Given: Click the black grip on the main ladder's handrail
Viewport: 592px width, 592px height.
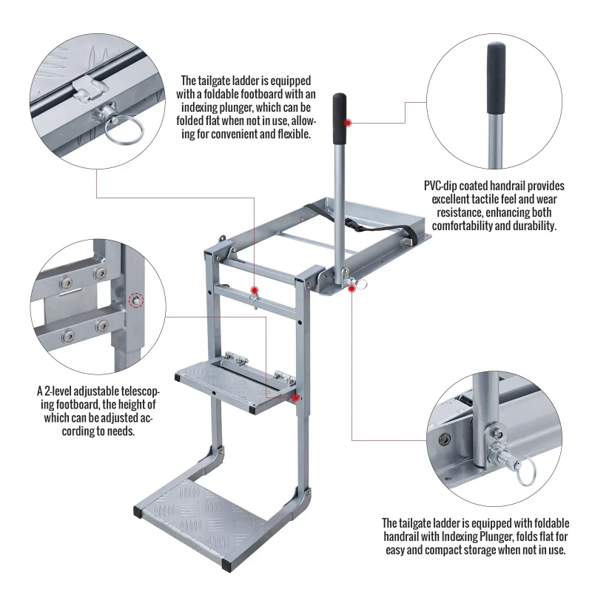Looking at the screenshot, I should click(340, 120).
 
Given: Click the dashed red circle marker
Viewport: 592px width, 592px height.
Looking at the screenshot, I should click(135, 300).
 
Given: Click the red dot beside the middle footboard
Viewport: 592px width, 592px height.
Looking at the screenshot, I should click(297, 397).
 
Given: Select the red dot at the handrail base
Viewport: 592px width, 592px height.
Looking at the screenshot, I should click(351, 289).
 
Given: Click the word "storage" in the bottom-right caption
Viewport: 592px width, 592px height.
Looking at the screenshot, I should click(483, 551).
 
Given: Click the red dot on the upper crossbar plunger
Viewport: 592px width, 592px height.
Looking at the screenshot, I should click(254, 289).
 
